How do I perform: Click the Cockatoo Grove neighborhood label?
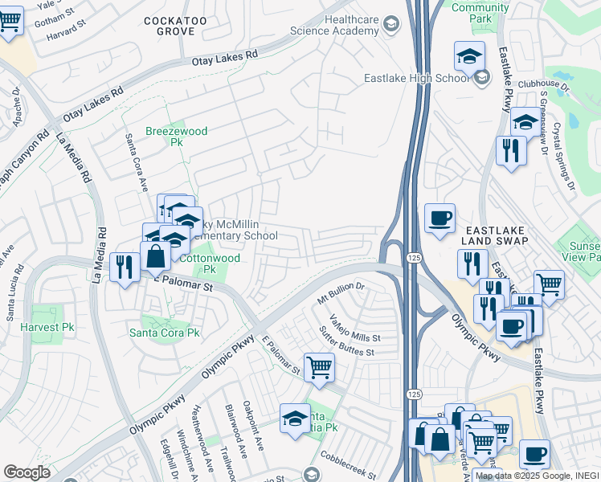(170, 25)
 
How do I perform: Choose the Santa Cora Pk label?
(164, 333)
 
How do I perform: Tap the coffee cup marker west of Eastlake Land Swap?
(440, 218)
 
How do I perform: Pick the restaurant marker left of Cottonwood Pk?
(123, 266)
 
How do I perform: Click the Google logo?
(27, 472)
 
